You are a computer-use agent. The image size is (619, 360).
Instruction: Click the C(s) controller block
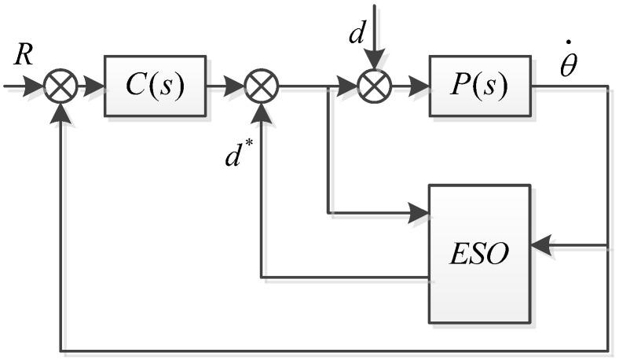[155, 86]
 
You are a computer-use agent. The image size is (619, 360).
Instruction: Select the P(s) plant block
[480, 86]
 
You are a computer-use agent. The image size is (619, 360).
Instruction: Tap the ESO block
[479, 253]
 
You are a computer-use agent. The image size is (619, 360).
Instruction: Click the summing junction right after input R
[60, 86]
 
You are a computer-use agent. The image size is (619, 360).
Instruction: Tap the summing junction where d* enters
[260, 86]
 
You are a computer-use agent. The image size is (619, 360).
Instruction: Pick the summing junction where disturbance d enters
[375, 86]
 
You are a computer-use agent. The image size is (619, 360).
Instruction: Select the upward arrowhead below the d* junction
[260, 112]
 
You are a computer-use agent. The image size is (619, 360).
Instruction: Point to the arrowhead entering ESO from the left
[419, 212]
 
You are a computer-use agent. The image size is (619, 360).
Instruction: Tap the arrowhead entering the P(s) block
[419, 86]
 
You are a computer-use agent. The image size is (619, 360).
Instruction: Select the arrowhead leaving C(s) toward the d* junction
[235, 86]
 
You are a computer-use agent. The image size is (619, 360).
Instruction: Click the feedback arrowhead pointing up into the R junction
[60, 112]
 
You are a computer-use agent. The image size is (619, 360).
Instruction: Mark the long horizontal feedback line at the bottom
[330, 348]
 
